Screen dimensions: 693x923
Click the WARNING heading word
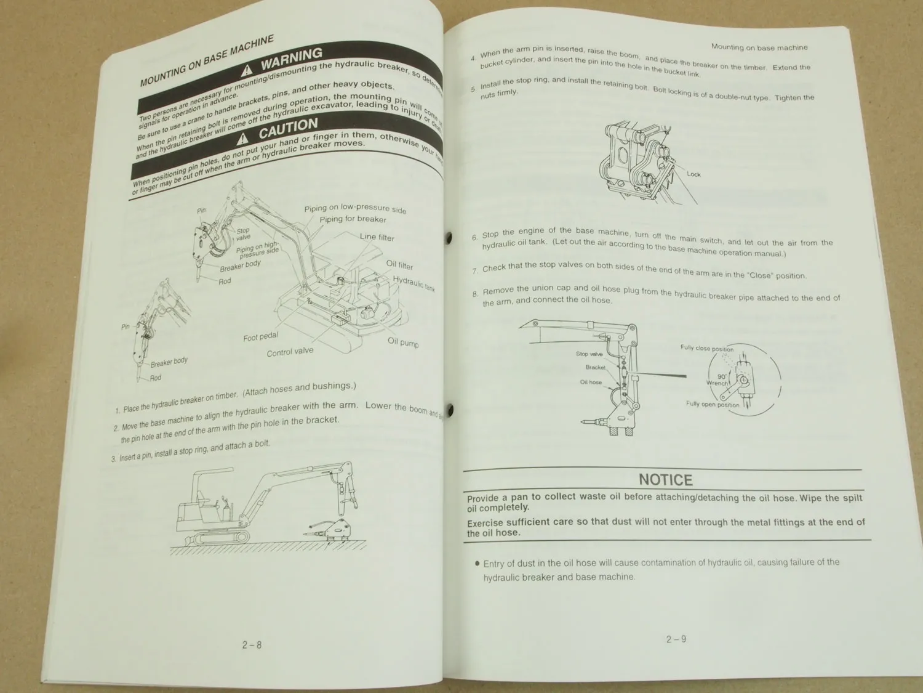(291, 59)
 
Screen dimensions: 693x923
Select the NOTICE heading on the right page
(665, 480)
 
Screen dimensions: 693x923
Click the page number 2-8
(252, 645)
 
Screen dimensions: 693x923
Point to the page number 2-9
(676, 639)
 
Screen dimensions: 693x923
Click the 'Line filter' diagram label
(377, 237)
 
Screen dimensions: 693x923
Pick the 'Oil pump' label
(403, 342)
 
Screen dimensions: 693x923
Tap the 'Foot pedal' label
(260, 336)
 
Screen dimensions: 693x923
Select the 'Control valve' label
(290, 352)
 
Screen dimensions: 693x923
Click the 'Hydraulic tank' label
(414, 283)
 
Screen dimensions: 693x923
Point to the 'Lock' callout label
(693, 174)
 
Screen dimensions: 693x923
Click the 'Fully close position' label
(706, 349)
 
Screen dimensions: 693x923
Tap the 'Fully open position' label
(713, 405)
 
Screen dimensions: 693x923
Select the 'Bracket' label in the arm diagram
(595, 368)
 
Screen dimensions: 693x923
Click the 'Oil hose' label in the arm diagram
(591, 383)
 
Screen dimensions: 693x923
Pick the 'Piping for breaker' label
(353, 219)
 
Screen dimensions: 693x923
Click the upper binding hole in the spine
(448, 237)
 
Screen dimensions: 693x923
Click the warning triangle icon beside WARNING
(247, 70)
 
